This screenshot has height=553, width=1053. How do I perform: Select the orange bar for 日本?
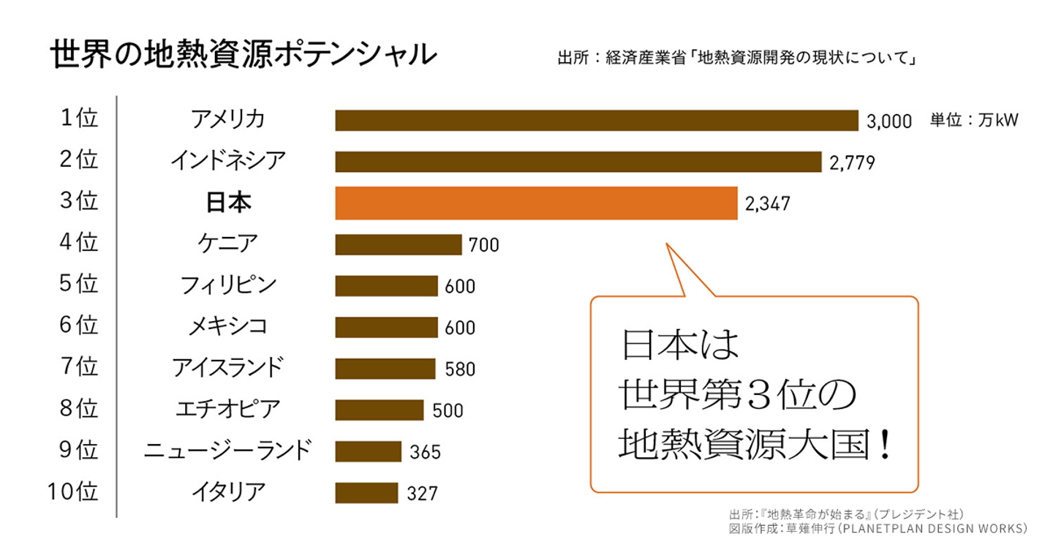(x=536, y=203)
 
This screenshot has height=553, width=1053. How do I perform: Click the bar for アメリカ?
(x=596, y=121)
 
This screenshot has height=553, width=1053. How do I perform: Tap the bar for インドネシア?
(x=578, y=162)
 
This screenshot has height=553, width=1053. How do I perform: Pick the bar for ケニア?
(x=399, y=244)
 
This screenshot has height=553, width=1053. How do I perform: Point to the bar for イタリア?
(x=366, y=493)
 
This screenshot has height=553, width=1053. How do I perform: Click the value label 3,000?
(x=889, y=121)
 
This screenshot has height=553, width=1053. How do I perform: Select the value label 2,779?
(x=853, y=162)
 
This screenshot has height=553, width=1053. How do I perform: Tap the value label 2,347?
(x=768, y=203)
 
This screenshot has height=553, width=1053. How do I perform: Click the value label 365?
(x=425, y=452)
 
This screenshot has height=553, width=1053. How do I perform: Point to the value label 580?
(x=460, y=369)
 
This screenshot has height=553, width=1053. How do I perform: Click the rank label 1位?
(x=79, y=118)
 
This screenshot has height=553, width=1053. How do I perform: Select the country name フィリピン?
(x=228, y=285)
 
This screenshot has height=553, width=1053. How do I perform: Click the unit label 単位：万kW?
(x=974, y=120)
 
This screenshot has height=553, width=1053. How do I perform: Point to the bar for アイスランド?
(x=385, y=369)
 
